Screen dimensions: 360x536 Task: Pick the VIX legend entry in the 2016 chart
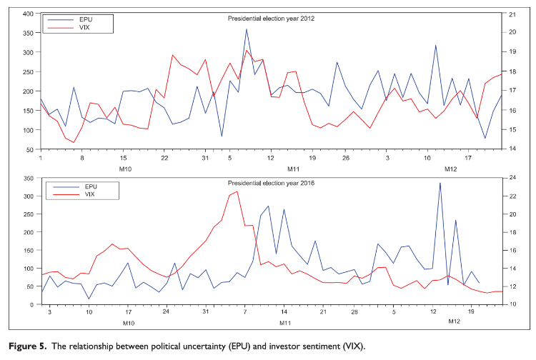click(x=90, y=194)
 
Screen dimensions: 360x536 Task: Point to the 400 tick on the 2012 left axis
click(x=28, y=14)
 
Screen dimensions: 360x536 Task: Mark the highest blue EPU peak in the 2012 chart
click(x=247, y=29)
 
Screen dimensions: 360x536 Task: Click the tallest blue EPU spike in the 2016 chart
click(x=440, y=183)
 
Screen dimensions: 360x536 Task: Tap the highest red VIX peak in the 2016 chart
click(x=237, y=191)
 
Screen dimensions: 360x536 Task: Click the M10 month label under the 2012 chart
click(x=126, y=169)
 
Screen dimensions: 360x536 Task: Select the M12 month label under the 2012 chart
click(x=451, y=169)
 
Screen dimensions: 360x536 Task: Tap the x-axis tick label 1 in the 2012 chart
click(x=41, y=158)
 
